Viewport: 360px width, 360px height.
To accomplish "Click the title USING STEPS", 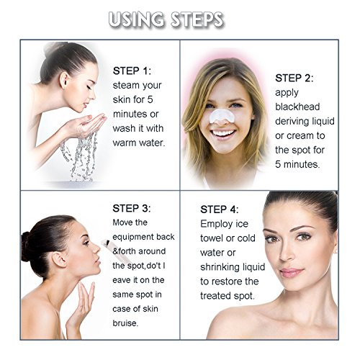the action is tap(166, 19).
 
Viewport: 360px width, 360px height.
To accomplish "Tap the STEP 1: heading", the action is tap(132, 71).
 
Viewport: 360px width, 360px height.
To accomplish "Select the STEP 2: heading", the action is tap(294, 78).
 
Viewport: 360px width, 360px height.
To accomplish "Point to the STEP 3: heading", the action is tap(132, 208).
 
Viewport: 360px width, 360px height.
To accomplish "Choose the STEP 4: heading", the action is tap(220, 210).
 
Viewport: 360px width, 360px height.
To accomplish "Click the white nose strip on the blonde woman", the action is tap(222, 116).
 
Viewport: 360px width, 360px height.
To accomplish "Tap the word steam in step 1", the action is tap(123, 86).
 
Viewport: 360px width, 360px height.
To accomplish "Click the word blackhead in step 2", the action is tap(297, 107).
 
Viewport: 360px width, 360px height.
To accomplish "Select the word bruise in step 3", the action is tap(125, 323).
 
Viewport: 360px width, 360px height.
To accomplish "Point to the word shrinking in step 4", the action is tap(219, 267).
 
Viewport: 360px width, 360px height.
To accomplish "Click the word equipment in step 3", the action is tap(132, 237).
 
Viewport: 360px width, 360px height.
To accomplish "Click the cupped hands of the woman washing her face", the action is tap(87, 123).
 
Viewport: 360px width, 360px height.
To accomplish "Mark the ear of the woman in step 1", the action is tap(65, 81).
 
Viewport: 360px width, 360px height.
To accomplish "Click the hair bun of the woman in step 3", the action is tap(25, 246).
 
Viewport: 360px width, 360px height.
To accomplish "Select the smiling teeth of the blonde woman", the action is tap(223, 133).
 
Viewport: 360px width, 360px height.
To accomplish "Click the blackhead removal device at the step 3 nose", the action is tap(114, 250).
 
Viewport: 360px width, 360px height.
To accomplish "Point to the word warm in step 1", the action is tap(124, 143).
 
